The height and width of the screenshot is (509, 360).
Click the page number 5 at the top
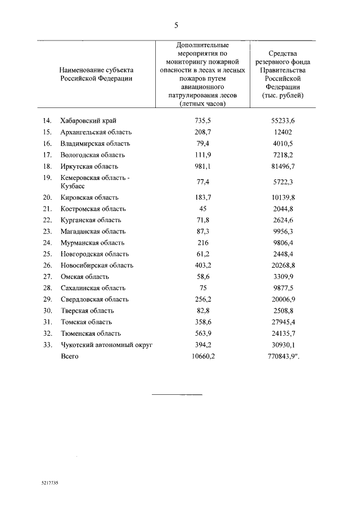[176, 25]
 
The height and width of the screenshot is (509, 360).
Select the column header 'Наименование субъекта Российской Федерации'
[97, 74]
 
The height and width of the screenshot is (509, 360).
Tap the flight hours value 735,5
[202, 121]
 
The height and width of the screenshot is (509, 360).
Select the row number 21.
[47, 209]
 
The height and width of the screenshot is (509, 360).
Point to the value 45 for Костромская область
[202, 209]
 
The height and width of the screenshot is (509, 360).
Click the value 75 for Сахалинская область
[202, 288]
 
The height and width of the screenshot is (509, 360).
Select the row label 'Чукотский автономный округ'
[107, 345]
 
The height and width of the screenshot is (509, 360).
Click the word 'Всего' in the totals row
[70, 356]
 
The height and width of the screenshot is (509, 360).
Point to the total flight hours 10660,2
[202, 356]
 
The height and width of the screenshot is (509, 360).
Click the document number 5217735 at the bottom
[49, 483]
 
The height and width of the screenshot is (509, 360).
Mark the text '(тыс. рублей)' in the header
[282, 96]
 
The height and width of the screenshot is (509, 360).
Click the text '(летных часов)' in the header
[202, 104]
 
